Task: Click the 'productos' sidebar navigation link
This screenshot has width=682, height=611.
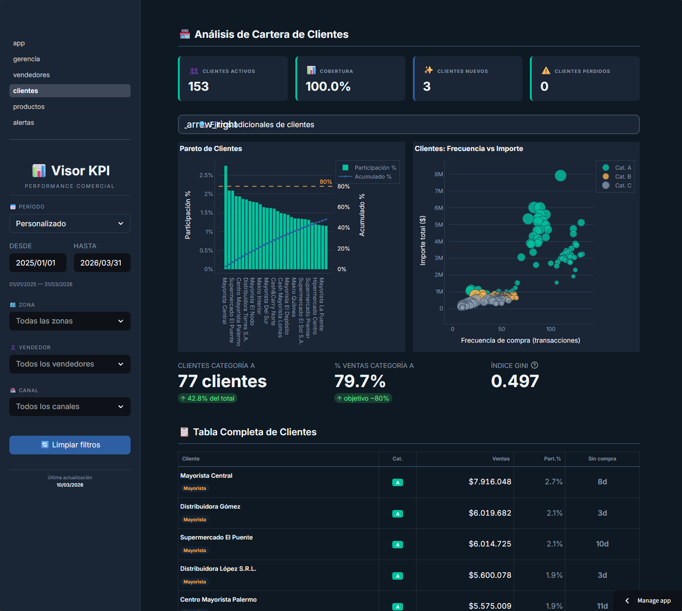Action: (29, 107)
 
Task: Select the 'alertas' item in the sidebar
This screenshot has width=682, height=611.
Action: (23, 122)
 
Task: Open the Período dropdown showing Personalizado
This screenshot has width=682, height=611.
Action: (70, 223)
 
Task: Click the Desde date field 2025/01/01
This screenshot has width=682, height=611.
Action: (37, 263)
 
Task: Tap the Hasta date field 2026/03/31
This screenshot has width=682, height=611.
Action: (102, 263)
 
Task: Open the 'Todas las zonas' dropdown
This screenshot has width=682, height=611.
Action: (70, 321)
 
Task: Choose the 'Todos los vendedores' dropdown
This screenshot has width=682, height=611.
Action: (70, 364)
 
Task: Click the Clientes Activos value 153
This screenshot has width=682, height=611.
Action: (198, 86)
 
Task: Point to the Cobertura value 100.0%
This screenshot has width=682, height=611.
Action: (328, 86)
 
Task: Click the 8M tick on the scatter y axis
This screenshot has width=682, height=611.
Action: (439, 174)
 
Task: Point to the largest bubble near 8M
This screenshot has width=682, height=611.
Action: (560, 175)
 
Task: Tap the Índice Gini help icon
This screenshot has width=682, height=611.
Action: (535, 365)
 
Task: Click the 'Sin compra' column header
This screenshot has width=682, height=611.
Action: (602, 459)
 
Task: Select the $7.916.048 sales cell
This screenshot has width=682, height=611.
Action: (490, 482)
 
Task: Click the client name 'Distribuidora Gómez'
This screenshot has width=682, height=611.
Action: (210, 506)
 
